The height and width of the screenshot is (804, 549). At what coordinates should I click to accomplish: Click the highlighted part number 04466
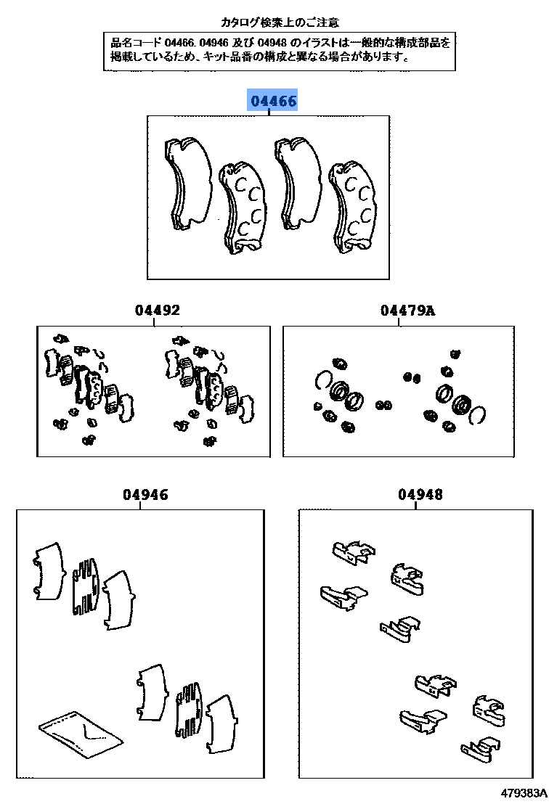click(x=273, y=102)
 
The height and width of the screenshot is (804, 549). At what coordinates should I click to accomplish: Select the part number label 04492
click(x=157, y=311)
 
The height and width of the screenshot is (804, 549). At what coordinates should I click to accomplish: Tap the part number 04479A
click(x=407, y=311)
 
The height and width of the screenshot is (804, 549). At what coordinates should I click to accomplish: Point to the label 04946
click(x=145, y=495)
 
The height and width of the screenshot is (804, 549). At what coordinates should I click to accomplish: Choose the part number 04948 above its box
click(x=420, y=495)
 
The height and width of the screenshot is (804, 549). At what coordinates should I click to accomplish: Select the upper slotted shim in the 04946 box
click(x=86, y=587)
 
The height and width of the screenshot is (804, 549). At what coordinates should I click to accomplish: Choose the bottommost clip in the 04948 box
click(x=480, y=748)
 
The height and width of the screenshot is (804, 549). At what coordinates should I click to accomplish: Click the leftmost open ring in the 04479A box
click(x=323, y=380)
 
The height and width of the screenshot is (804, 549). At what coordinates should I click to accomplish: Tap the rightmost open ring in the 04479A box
click(x=477, y=414)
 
